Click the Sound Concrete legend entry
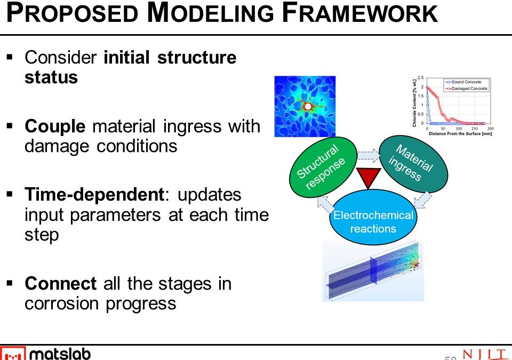[466, 82]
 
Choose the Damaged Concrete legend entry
[467, 89]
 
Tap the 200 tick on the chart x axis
[490, 129]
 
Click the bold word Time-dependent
[94, 195]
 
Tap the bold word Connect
[60, 283]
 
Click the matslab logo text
[60, 354]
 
